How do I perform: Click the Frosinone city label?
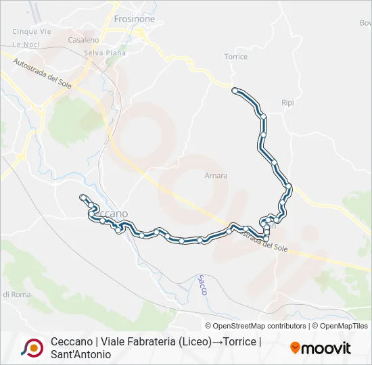(134, 19)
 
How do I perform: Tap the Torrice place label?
(235, 57)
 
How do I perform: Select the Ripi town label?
(288, 103)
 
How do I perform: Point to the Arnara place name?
(216, 176)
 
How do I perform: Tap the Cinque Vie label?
(32, 32)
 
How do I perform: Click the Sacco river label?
(202, 285)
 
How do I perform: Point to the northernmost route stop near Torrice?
(235, 90)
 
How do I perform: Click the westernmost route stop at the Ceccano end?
(83, 197)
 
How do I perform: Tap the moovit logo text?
(325, 348)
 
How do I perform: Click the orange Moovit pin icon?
(295, 348)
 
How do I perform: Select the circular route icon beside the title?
(32, 347)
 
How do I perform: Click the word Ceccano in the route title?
(71, 342)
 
